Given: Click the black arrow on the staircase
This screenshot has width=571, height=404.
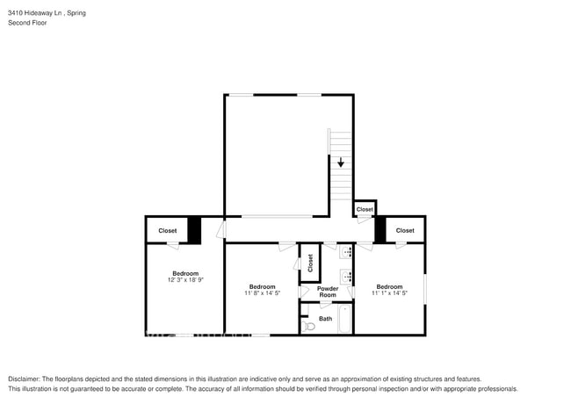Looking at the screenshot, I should (x=341, y=162).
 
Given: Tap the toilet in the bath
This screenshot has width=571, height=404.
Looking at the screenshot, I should (x=307, y=326).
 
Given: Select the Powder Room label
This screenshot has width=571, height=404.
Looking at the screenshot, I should (x=328, y=292).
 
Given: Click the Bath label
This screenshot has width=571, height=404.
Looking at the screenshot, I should (x=325, y=319).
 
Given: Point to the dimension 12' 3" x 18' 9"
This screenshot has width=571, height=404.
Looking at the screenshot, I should (x=185, y=280).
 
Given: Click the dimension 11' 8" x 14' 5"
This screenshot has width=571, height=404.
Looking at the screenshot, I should (x=262, y=293).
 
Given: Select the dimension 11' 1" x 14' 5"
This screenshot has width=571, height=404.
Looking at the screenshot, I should (x=389, y=293).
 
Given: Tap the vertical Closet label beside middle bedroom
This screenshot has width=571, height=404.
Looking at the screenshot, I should (x=310, y=263).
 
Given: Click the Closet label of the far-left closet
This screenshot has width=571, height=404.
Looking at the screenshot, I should (x=167, y=231).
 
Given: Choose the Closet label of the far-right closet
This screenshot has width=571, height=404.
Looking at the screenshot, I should (x=404, y=231).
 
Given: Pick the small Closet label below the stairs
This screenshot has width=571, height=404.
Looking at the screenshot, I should (x=365, y=210).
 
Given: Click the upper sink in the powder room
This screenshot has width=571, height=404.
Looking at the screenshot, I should (x=347, y=252).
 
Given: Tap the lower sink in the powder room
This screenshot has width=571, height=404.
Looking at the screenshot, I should (x=347, y=277).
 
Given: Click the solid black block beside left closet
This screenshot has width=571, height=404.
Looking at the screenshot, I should (x=194, y=229).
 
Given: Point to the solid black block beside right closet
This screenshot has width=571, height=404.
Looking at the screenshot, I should (x=380, y=229).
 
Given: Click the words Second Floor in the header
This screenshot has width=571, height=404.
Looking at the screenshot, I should (x=27, y=23).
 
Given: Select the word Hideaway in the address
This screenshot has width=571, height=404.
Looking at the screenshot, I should (x=40, y=13).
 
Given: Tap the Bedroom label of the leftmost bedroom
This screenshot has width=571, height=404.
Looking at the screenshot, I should (x=185, y=273).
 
